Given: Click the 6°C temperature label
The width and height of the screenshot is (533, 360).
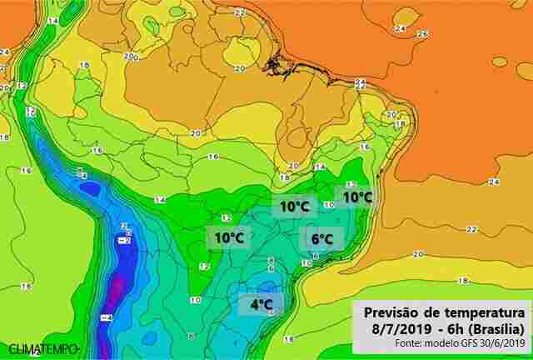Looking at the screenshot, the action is [322, 238].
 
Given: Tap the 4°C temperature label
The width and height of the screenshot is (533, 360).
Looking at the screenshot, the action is [262, 305].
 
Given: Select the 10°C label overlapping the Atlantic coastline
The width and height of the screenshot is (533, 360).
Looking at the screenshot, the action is [356, 197].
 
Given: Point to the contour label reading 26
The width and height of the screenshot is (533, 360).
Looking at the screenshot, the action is [421, 33].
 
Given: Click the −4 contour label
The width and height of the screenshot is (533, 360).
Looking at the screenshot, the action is [107, 318].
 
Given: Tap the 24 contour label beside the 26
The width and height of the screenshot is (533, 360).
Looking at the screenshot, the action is [399, 28].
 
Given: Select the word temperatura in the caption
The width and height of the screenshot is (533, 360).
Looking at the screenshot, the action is [483, 311].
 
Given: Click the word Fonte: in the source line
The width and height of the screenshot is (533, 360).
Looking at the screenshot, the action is [409, 342].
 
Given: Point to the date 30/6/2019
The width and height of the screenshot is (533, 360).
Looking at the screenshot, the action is [504, 342].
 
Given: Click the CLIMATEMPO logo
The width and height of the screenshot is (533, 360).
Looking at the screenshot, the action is [43, 347].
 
